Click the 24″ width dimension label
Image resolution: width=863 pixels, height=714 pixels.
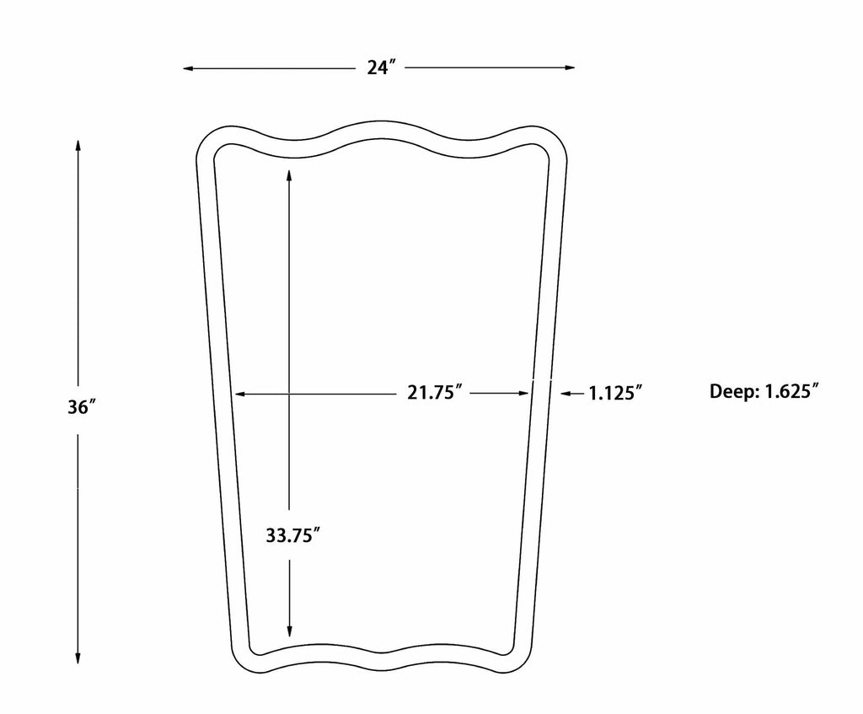point(382,67)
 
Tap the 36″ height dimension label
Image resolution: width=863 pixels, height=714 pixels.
point(82,408)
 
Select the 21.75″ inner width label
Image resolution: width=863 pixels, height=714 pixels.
point(434,393)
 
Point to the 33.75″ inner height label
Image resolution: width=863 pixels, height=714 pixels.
point(292,535)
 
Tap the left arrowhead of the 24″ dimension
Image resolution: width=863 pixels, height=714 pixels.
point(188,68)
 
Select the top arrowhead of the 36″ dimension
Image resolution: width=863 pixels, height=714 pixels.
point(78,146)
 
